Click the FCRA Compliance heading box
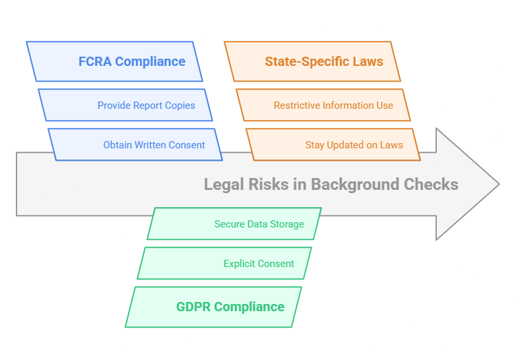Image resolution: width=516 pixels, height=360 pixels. point(114,61)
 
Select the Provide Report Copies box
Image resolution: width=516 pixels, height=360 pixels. point(125,105)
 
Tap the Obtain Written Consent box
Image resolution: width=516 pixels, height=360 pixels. point(135,144)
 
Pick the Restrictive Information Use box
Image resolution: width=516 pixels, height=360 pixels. point(323,105)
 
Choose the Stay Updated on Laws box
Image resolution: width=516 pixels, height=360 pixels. point(333,144)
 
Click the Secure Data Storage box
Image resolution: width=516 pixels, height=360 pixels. point(234,224)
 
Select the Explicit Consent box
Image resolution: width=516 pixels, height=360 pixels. point(224,263)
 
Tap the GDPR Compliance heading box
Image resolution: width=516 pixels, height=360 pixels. point(213,307)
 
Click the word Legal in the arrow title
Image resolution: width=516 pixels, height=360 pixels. point(222,184)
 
